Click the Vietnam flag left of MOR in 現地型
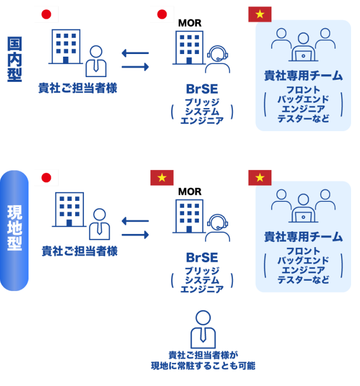162,178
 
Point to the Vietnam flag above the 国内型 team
260,14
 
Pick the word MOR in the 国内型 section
189,23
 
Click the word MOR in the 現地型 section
189,191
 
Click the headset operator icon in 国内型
217,60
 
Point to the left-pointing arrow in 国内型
134,52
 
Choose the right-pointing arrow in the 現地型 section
135,234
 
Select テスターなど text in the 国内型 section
303,119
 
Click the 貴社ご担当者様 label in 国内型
77,88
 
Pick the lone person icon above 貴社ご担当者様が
202,330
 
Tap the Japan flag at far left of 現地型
46,178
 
